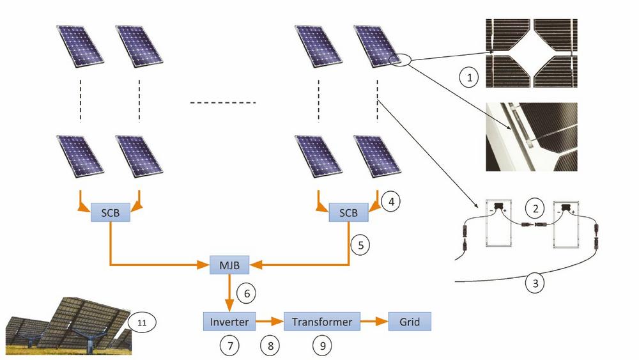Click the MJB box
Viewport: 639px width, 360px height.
229,263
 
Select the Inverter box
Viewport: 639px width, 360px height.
229,322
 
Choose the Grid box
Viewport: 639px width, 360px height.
410,322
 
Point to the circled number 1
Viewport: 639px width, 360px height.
470,78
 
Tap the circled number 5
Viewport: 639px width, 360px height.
360,244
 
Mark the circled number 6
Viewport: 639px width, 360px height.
246,293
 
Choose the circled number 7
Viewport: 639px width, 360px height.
229,346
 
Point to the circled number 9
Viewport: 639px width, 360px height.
321,346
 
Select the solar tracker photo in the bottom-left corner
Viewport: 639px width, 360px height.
67,326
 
